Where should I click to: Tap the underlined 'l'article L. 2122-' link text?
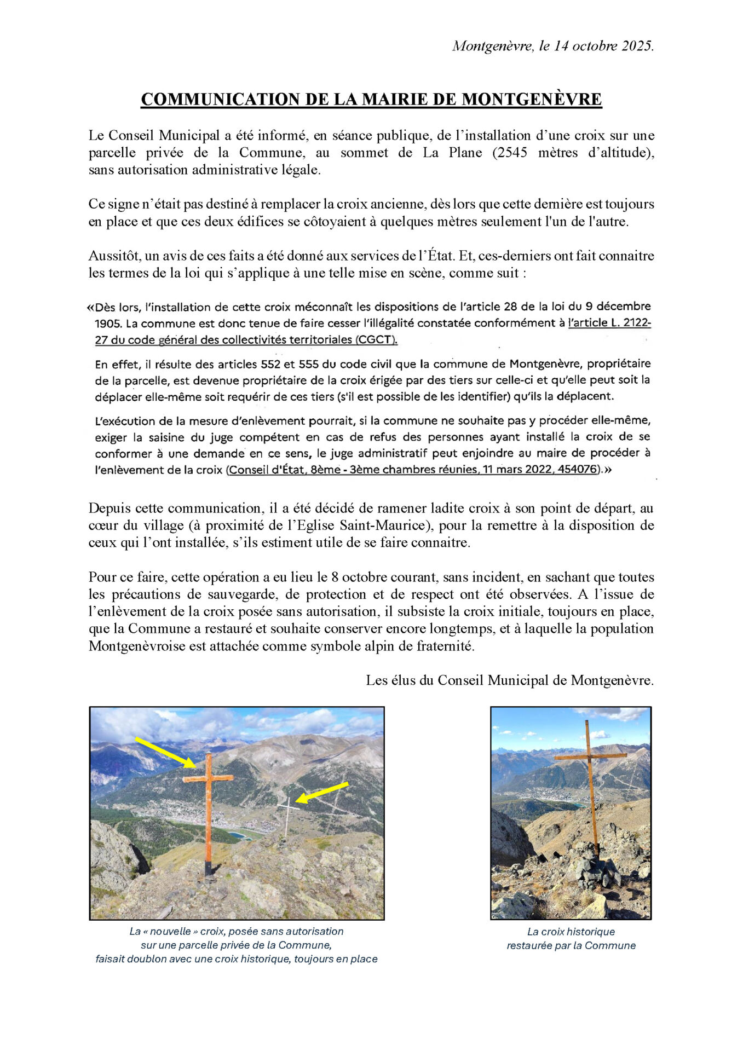[x=609, y=323]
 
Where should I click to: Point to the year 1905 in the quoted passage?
[x=108, y=324]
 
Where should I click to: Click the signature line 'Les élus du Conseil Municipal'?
[x=509, y=680]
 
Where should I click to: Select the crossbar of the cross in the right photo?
[x=590, y=757]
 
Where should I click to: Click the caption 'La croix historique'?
[x=571, y=932]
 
